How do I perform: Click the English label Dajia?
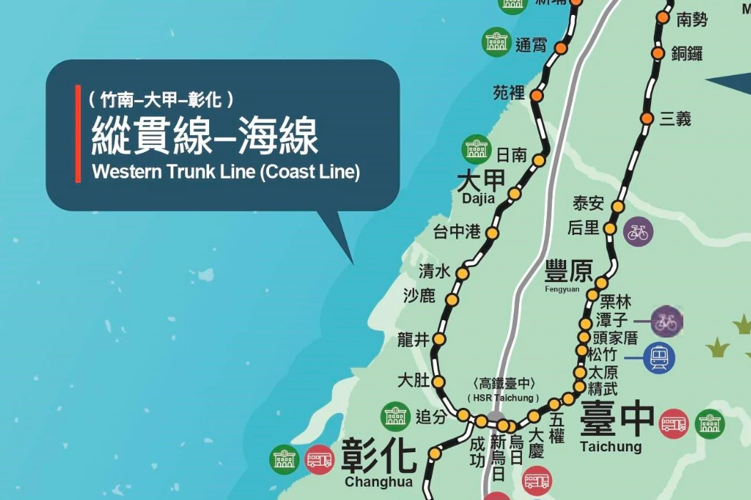coord(478,199)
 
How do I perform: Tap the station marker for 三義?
coord(647,119)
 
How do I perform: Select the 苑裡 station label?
coord(509,93)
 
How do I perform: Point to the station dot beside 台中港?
coord(492,233)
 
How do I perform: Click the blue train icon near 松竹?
coord(658,357)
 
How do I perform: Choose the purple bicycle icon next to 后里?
coord(638,233)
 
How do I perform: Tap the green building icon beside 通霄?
coord(497,43)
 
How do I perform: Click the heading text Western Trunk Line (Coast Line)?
coord(226,173)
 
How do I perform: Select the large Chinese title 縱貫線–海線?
coord(204,136)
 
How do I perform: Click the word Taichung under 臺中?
coord(610,447)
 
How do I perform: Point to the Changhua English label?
coord(378,482)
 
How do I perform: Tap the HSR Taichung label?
coord(504,398)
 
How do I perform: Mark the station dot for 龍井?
coord(439,339)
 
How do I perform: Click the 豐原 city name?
coord(569,271)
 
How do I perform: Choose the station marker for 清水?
coord(463,274)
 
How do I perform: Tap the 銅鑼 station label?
coord(687,54)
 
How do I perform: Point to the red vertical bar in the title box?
coord(78,134)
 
